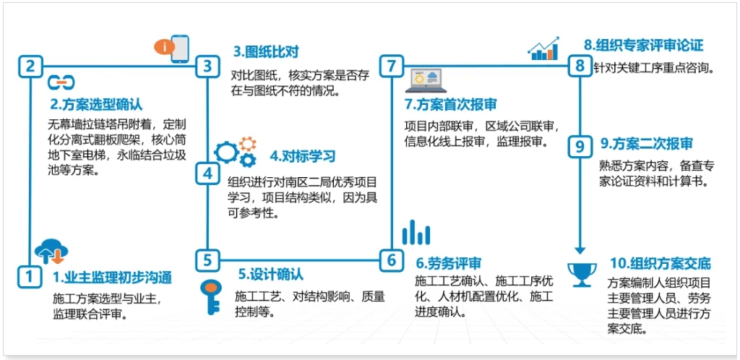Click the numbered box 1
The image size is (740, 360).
(29, 276)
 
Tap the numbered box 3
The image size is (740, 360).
(207, 66)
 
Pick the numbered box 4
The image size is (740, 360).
(207, 174)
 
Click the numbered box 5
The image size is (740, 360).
(207, 260)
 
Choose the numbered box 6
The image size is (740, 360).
(392, 260)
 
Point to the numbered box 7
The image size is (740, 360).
(392, 66)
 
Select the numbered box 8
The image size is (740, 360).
(580, 66)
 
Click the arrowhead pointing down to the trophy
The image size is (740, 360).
(580, 250)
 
